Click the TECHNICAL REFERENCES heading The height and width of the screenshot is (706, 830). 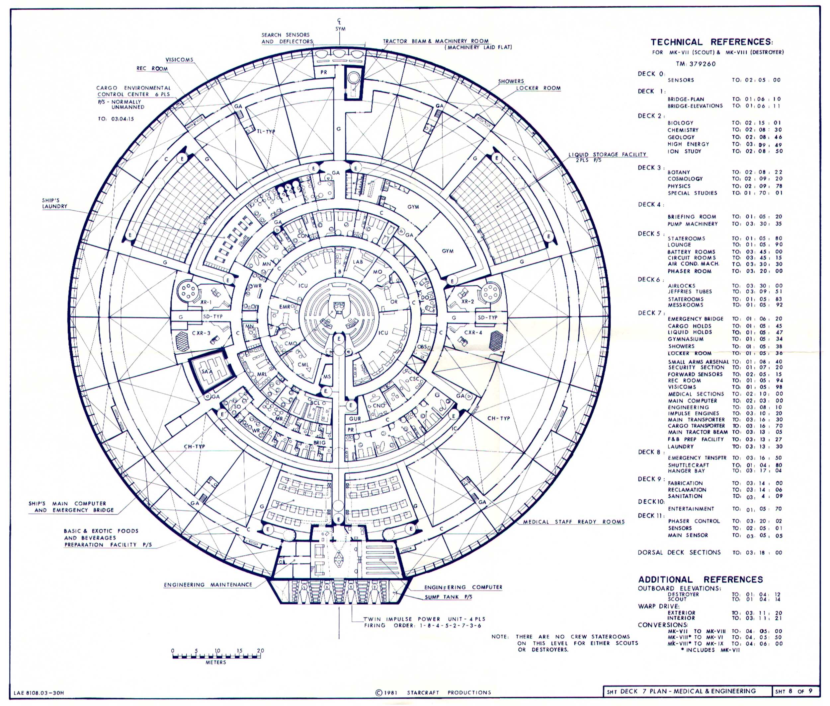(712, 42)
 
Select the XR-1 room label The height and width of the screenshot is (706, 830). (206, 302)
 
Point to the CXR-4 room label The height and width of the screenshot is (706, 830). (473, 332)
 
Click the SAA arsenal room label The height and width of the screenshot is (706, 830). (207, 371)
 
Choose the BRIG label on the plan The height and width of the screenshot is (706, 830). (320, 443)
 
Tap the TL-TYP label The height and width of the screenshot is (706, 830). (266, 132)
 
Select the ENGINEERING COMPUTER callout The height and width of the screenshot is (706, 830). (463, 587)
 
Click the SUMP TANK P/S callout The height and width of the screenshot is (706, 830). (448, 597)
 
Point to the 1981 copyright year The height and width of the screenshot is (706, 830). (390, 692)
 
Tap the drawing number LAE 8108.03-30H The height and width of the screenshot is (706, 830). (39, 693)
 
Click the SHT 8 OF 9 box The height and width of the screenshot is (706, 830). (795, 691)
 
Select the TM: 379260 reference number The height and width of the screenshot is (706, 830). (696, 64)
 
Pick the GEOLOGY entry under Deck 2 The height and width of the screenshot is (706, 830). (681, 137)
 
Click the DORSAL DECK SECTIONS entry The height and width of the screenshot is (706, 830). (679, 552)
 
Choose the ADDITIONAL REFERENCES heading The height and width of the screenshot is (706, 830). (701, 580)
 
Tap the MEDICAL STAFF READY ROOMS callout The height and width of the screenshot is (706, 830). (574, 522)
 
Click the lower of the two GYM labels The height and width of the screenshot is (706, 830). (448, 251)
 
